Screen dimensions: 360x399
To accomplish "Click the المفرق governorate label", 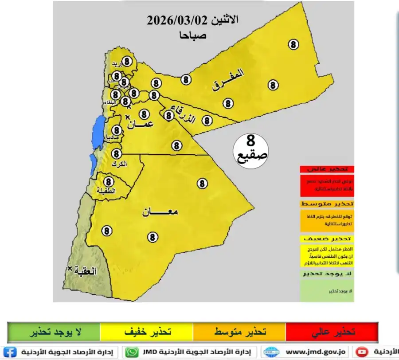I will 228,80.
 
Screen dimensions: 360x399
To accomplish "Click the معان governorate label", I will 160,212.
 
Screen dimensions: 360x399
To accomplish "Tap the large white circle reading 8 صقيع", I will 250,150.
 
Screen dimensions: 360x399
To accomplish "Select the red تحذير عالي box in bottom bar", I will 331,332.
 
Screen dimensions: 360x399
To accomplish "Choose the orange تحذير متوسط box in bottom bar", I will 239,332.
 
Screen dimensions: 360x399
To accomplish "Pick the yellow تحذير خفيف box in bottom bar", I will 147,332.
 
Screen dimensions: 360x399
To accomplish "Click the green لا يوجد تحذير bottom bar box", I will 54,332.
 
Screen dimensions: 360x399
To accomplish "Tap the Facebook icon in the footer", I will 11,352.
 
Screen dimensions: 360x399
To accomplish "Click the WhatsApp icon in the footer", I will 132,352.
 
